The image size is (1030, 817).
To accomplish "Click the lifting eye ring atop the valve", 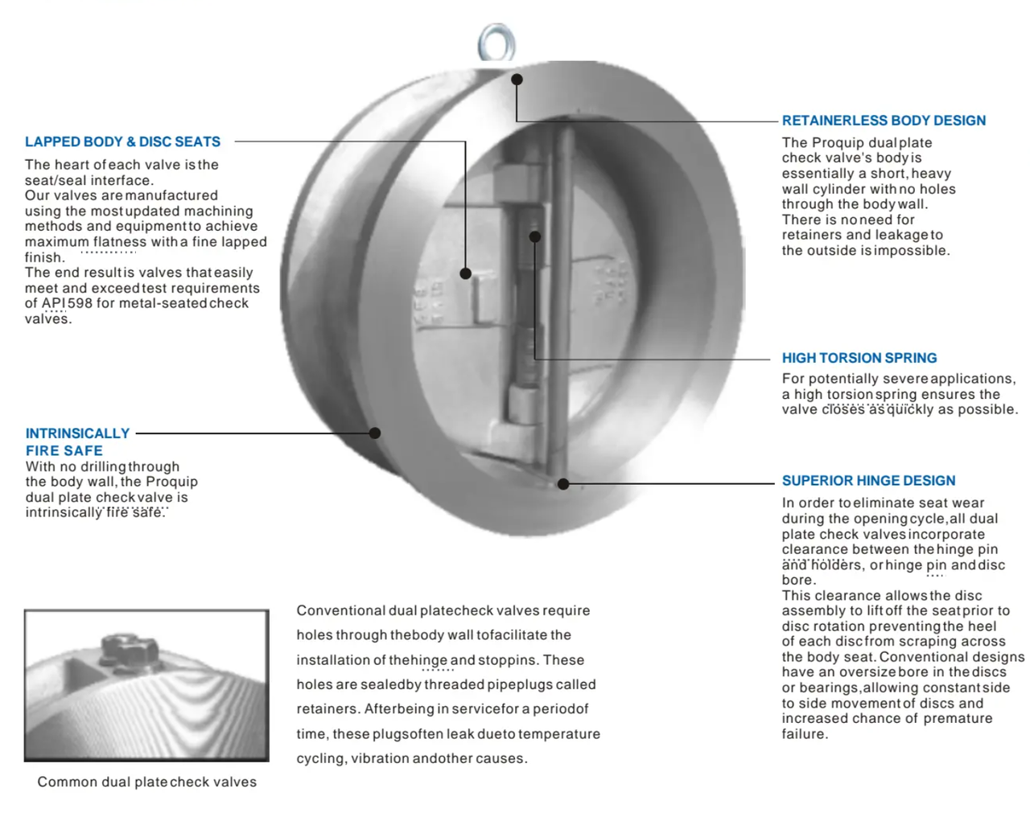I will [x=496, y=42].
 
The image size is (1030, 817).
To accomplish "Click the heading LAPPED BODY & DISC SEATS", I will [x=122, y=142].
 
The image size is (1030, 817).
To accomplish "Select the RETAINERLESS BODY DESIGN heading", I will [x=884, y=121].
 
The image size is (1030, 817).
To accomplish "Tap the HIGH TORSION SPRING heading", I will [x=859, y=358].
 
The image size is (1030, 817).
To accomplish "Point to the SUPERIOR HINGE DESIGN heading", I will [x=868, y=481].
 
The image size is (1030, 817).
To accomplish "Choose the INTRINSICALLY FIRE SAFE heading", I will [x=76, y=441].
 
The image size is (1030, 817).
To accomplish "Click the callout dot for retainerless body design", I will [x=517, y=80].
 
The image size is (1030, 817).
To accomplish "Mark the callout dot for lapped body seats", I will [x=465, y=273].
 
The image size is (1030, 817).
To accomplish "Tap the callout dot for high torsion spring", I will [x=535, y=236].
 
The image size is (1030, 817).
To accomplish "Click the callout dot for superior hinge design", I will [x=563, y=484].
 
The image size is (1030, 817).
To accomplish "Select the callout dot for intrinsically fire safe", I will [x=375, y=433].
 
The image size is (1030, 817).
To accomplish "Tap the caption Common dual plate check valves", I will [x=146, y=782].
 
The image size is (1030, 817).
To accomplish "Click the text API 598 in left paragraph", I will [x=67, y=303].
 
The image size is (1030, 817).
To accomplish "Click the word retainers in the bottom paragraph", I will [x=328, y=709].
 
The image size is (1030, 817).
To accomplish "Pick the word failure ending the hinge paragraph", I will [x=803, y=734].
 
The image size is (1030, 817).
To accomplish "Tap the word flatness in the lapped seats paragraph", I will [x=119, y=242].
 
